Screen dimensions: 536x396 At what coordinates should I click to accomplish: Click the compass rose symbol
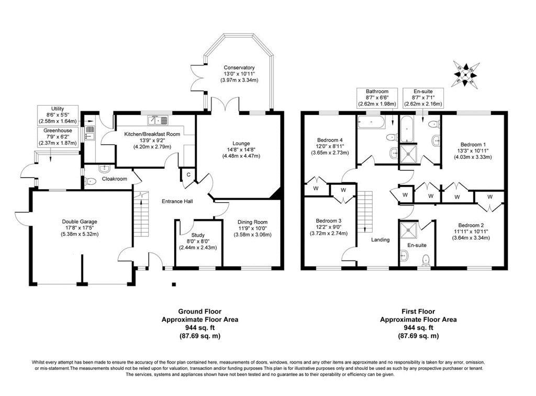466,73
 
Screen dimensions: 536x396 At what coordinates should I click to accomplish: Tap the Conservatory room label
239,67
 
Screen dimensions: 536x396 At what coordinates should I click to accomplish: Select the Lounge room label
241,144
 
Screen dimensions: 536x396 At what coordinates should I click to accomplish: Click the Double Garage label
80,222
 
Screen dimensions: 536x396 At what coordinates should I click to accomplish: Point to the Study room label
198,235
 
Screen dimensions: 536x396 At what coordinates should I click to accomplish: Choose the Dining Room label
253,222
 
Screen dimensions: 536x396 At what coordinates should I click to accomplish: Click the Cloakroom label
114,179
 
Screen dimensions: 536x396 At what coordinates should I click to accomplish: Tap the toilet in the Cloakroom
90,181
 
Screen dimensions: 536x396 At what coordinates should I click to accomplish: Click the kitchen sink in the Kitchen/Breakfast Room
158,120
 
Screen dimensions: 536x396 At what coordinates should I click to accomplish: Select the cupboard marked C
188,174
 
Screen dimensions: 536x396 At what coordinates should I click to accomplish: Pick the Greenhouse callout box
58,137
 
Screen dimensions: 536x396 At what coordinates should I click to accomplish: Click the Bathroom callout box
377,98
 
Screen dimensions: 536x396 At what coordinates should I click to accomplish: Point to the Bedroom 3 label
329,220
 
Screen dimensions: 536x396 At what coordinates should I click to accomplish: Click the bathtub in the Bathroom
371,122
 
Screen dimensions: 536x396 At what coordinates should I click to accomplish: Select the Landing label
381,240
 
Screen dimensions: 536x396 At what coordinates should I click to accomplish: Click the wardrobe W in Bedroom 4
316,188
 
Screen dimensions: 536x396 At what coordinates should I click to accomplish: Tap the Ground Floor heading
199,311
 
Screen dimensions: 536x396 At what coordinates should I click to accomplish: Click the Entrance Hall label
177,201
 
